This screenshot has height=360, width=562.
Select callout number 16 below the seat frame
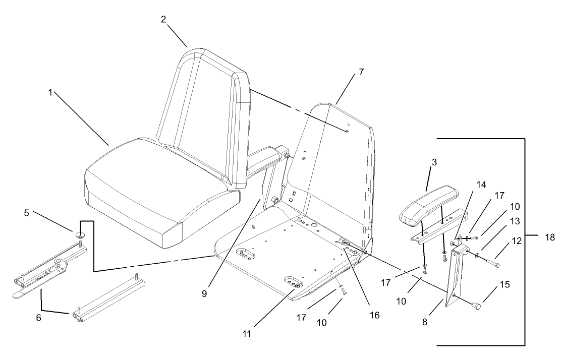pos(374,315)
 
